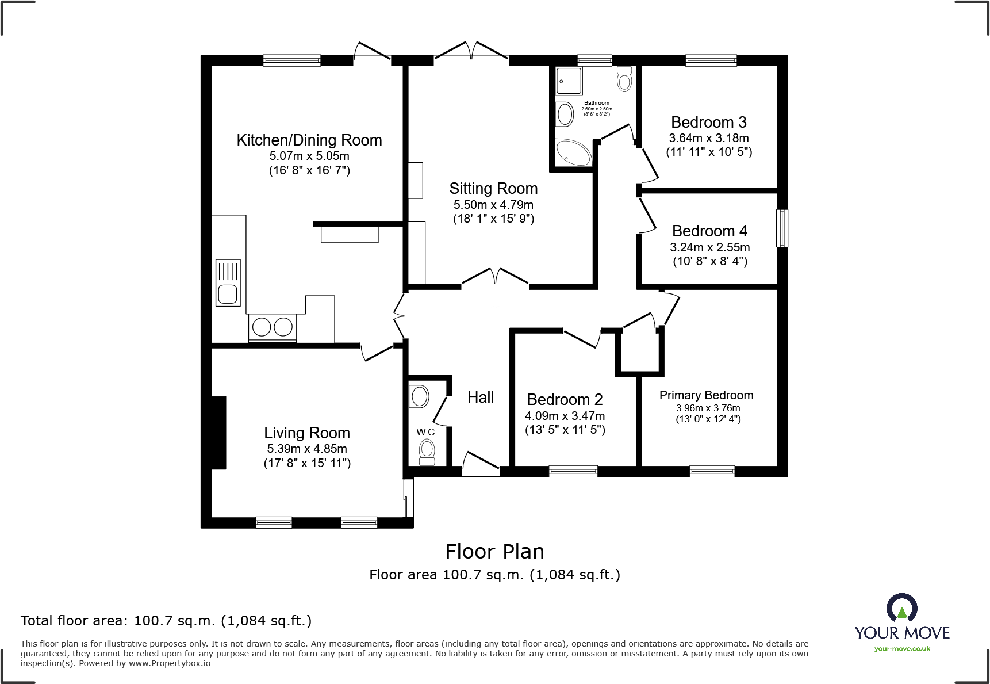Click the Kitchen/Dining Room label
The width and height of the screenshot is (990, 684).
coord(309,140)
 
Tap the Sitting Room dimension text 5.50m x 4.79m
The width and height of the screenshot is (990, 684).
coord(493,205)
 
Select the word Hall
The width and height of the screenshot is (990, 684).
coord(481,398)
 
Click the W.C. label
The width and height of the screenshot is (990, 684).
coord(427,432)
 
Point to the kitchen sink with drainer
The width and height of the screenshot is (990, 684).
coord(228,282)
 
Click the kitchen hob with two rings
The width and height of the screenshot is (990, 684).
coord(273,327)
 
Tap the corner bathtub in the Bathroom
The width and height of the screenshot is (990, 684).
coord(573,152)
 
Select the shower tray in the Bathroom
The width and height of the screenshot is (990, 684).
coord(569,81)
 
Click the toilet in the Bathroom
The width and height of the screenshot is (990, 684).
coord(624,79)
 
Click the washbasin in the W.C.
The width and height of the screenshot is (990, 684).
coord(419,396)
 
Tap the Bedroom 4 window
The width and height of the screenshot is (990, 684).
coord(782,228)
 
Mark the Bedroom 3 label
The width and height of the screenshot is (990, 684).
coord(709,123)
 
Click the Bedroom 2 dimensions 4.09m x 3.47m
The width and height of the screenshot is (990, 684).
coord(565,416)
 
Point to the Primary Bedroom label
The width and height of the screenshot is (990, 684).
coord(706,395)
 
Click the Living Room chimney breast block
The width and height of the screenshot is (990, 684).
coord(218,433)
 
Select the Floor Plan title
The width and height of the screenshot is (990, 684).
coord(494,552)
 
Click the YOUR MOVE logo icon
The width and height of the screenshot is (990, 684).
coord(901,607)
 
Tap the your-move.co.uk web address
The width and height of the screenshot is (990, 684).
coord(902,649)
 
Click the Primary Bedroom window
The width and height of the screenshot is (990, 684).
coord(712,471)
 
